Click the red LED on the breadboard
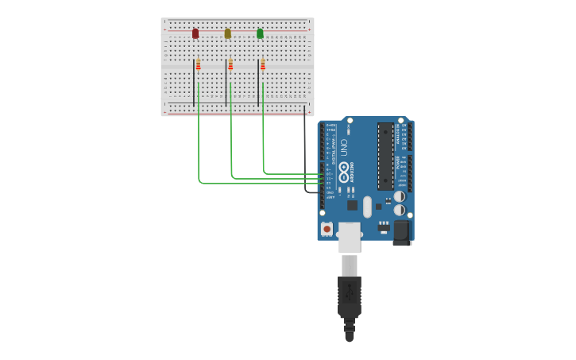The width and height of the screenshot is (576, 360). (x=195, y=33)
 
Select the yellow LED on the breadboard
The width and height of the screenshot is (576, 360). (x=228, y=33)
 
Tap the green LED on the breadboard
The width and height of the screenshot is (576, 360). (x=260, y=33)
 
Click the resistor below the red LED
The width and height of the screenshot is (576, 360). (x=199, y=64)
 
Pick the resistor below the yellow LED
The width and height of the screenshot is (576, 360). (x=231, y=64)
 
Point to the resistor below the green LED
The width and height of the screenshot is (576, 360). (x=263, y=64)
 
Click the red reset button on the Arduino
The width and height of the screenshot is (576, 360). (x=327, y=228)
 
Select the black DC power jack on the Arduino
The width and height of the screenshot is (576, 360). (x=401, y=232)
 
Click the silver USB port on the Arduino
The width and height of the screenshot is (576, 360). (x=349, y=237)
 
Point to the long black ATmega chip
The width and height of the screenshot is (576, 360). (x=385, y=156)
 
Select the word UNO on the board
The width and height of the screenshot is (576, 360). (x=344, y=147)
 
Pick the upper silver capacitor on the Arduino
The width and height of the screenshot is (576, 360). (x=400, y=196)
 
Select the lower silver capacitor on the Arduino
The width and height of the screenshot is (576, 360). (x=400, y=211)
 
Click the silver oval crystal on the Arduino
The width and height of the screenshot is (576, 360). (x=367, y=207)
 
